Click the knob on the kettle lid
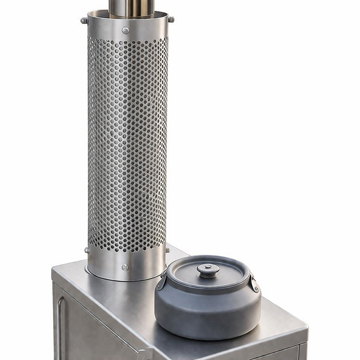(208, 270)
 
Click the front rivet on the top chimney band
(125, 31)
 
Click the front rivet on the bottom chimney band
(125, 267)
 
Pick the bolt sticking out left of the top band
(84, 21)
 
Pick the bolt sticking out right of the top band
(171, 20)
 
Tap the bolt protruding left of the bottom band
(87, 250)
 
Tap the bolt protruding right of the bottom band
(167, 250)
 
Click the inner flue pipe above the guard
(125, 7)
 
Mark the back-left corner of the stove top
(55, 268)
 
